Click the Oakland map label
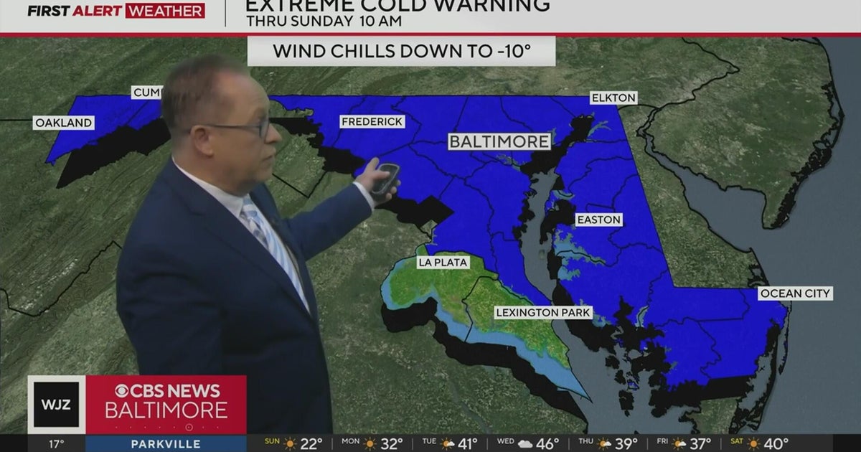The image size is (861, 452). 64,123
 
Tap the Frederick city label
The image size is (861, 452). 372,122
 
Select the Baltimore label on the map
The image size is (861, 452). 499,141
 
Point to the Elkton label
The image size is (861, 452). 613,98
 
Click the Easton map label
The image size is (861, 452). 598,220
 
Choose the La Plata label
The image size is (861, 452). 443,263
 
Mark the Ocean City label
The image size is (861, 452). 796,293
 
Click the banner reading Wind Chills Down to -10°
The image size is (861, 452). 402,52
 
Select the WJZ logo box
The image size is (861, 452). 57,405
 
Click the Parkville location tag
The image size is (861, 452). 165,443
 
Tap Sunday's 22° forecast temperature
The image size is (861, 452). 310,443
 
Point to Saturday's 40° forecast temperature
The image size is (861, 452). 776,443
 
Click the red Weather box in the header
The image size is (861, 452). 164,11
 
